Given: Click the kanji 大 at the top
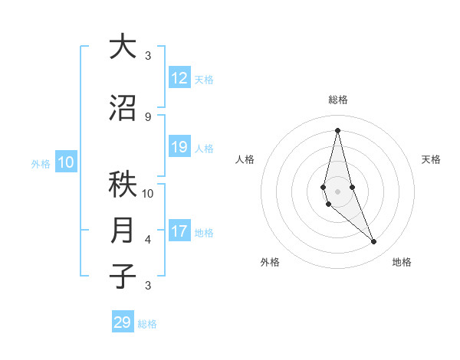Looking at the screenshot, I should pos(122,47).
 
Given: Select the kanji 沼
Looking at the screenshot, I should pos(123,108).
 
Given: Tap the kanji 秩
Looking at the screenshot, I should pos(123,185).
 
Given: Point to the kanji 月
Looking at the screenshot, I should pos(123,231).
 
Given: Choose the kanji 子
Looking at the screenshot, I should pos(123,277).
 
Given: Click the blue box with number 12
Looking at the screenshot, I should pos(179,78).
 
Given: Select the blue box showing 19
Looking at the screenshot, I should pos(179,147).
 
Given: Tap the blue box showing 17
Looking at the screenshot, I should pos(179,231).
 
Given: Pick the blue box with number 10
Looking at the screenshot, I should pos(66,162).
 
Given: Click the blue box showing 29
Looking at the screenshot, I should pos(123,322).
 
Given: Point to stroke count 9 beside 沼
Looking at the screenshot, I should pos(148,116).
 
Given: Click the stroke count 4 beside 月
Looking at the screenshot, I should pos(148,240).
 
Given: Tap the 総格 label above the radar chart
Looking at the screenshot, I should pos(338,100).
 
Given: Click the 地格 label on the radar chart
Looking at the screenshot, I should pos(402,262).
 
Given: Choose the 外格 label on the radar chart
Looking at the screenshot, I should pos(270,262).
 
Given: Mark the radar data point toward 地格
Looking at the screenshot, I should pos(374,242).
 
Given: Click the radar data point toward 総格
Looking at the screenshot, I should pos(337,130).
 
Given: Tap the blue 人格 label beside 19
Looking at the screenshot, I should pos(204,148).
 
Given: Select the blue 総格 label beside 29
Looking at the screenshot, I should pos(147,323).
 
